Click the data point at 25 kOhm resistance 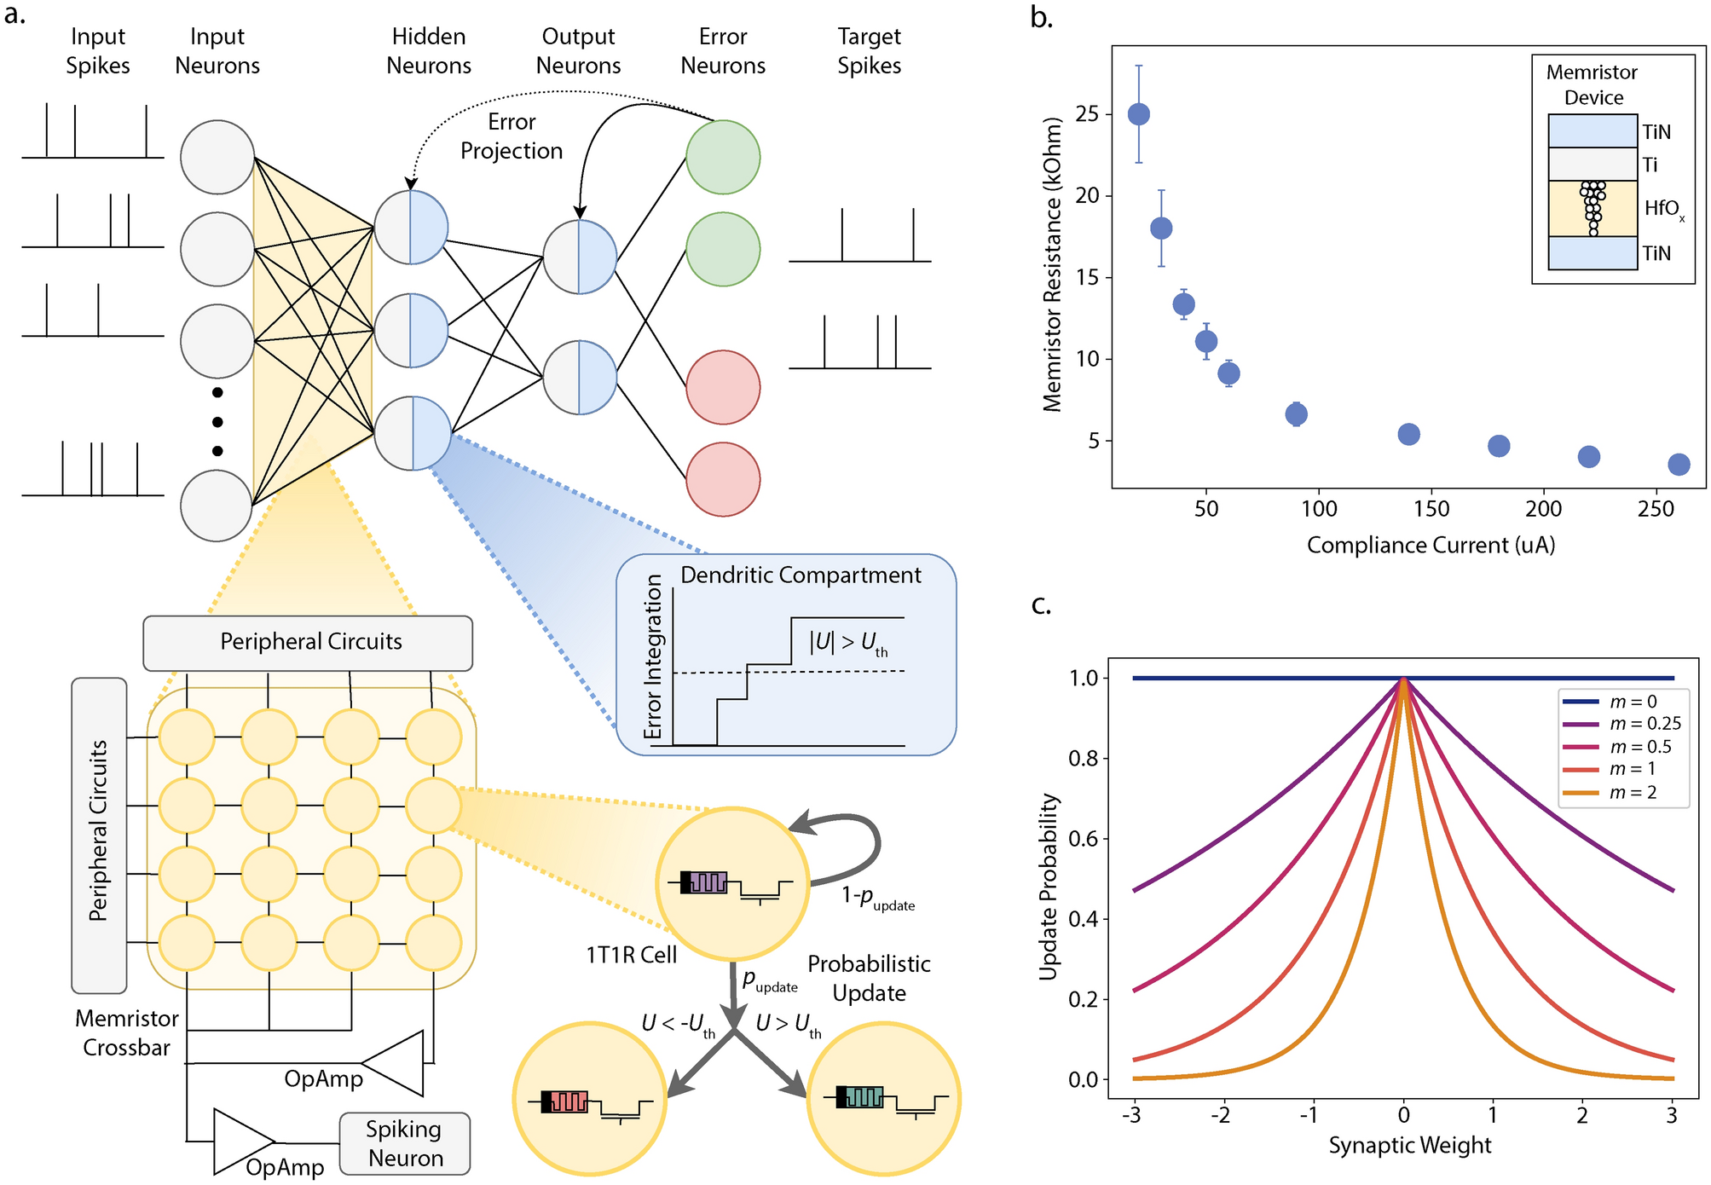coord(1138,114)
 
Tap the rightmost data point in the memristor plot coord(1678,465)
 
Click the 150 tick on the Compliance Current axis coord(1431,509)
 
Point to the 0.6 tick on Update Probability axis coord(1084,839)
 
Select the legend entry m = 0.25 coord(1645,724)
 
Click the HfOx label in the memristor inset coord(1663,209)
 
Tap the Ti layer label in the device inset coord(1650,165)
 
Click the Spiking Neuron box coord(405,1143)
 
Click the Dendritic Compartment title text coord(801,575)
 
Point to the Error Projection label coord(512,136)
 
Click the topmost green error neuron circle coord(723,157)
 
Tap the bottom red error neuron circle coord(723,479)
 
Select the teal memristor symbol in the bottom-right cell coord(864,1096)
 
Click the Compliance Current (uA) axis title coord(1431,546)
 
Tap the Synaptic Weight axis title coord(1409,1146)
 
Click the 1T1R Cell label coord(631,955)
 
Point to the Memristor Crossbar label coord(126,1032)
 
